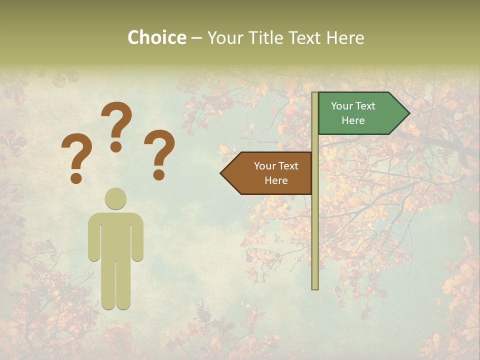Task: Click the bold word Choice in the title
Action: (157, 37)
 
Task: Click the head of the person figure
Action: (115, 199)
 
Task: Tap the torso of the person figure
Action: (115, 235)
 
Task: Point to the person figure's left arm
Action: (94, 237)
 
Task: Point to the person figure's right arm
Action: (137, 237)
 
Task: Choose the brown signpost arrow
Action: (272, 173)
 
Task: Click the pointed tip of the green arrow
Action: (408, 113)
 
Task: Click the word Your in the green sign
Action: (341, 106)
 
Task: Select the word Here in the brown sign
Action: (276, 180)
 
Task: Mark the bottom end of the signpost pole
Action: (315, 287)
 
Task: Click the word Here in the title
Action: (345, 37)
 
